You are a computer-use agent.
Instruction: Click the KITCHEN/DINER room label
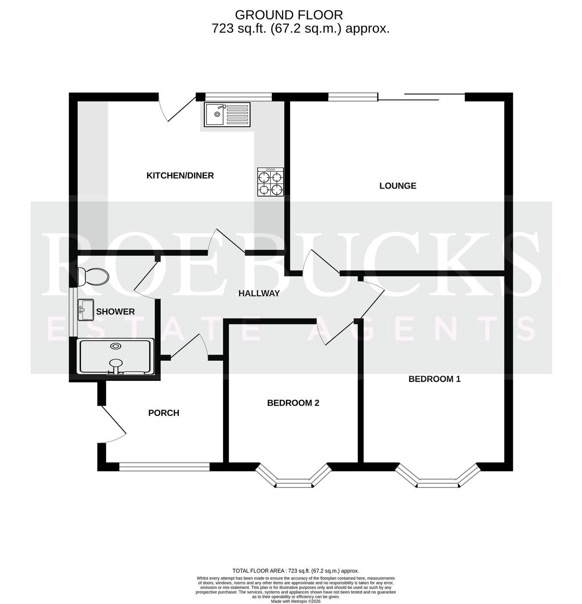coord(180,176)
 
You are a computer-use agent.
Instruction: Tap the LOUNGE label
coord(398,186)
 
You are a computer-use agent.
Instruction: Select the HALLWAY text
coord(259,293)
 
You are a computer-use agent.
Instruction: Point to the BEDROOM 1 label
coord(434,379)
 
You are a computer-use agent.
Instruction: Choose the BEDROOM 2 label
coord(293,403)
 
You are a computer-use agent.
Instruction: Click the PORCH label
coord(164,413)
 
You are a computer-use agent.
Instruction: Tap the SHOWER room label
coord(116,311)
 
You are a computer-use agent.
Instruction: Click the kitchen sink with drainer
coord(227,114)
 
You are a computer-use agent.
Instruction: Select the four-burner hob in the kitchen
coord(270,182)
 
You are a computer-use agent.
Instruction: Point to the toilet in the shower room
coord(93,277)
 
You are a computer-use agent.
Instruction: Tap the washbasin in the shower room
coord(86,310)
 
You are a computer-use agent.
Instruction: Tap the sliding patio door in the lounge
coord(421,96)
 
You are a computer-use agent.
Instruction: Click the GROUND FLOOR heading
coord(289,15)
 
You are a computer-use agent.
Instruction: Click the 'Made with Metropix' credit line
coord(296,601)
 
